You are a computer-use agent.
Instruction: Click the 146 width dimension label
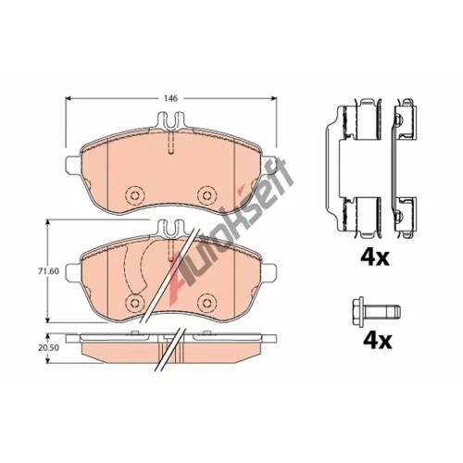(x=170, y=98)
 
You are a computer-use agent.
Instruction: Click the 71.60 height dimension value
(x=48, y=271)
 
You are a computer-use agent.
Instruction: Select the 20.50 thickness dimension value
(x=48, y=347)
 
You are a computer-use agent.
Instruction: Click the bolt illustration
(x=376, y=311)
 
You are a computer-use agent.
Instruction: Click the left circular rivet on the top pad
(x=135, y=195)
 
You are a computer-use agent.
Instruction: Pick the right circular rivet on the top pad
(x=206, y=195)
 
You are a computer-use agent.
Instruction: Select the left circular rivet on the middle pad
(x=135, y=302)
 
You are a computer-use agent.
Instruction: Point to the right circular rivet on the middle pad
(x=206, y=302)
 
